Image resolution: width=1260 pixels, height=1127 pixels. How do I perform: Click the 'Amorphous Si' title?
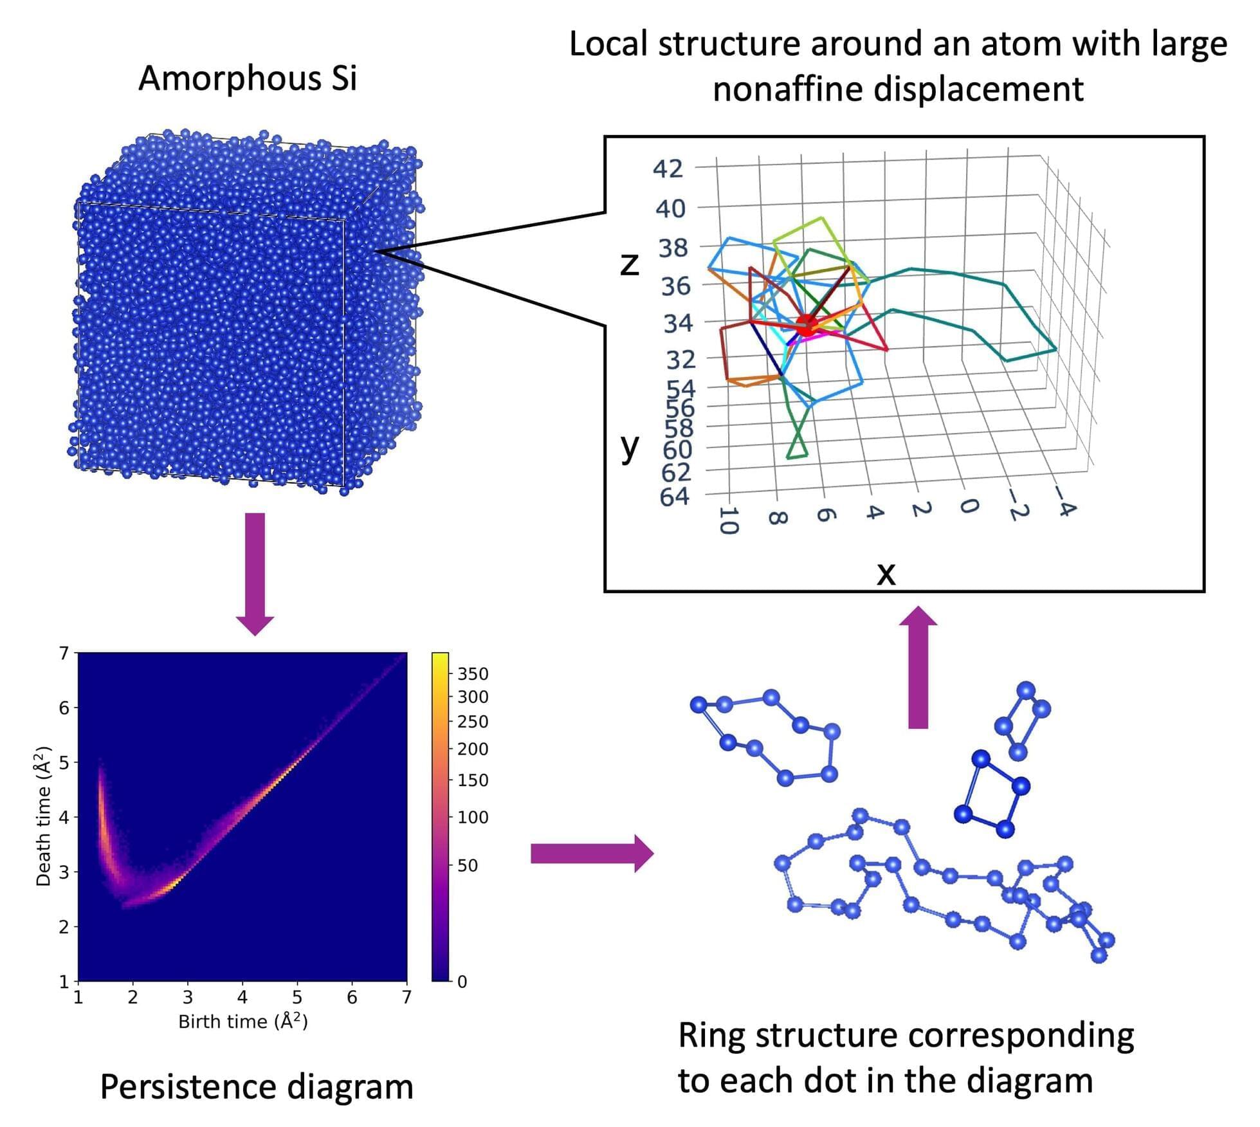[248, 78]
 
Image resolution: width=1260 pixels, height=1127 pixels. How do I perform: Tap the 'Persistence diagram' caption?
[257, 1088]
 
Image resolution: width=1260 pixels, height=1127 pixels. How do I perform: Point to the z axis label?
[630, 264]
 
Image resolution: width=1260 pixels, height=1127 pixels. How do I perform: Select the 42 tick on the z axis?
[668, 169]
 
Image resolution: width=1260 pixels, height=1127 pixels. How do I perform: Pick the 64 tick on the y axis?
[675, 497]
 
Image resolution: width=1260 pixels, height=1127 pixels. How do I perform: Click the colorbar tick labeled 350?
[473, 673]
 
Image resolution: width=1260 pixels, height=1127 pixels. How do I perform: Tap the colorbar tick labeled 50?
[468, 865]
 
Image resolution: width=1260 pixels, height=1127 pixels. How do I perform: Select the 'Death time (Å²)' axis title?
[44, 816]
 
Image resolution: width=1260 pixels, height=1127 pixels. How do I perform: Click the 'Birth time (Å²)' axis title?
[242, 1022]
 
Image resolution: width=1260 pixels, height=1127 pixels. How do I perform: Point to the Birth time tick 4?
[242, 998]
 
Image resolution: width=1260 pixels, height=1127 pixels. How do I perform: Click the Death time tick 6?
[64, 708]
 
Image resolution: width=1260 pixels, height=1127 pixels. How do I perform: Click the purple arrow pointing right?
[592, 854]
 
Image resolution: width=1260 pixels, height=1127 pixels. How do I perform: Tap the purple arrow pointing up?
[918, 667]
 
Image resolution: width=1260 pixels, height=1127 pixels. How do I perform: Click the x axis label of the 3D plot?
[886, 572]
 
